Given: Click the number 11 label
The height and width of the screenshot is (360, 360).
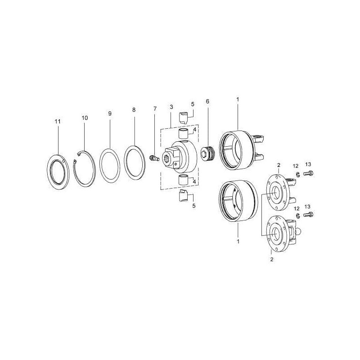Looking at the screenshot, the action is point(58,121).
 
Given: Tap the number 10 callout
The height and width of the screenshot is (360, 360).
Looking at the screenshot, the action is point(85,118).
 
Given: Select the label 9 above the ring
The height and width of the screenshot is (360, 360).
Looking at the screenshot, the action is point(110,114).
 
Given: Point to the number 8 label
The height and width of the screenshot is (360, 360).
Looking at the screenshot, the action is point(134,110).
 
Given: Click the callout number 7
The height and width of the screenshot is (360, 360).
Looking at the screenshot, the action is point(155,108).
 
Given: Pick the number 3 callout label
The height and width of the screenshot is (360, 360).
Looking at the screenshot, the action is point(171,107).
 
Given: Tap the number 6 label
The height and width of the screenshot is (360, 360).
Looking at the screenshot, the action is point(207,101).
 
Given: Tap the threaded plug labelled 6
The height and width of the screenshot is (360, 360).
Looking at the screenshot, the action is point(207,153).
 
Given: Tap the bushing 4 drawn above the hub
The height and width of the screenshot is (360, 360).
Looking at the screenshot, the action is point(184,134).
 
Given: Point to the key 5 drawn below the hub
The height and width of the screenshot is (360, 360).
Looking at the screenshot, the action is point(184,196).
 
